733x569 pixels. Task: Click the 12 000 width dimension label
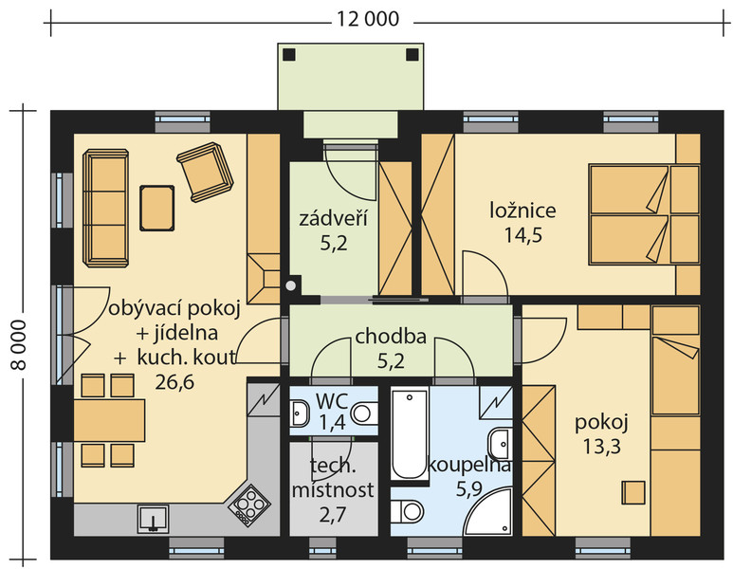368,19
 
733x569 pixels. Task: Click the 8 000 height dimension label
19,344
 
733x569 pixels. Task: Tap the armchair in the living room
204,171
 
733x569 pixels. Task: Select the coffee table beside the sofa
157,208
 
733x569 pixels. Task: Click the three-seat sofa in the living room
105,208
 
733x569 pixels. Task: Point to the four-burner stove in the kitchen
249,504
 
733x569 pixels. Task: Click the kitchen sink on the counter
154,519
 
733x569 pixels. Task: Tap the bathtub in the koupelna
410,433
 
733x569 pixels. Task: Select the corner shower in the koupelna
488,511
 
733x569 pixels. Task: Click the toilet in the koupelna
406,511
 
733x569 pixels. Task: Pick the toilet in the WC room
365,413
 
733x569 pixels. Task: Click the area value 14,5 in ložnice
522,234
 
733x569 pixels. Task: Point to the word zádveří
333,218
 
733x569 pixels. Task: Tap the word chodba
391,336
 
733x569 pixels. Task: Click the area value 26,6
174,382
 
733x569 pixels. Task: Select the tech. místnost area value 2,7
333,515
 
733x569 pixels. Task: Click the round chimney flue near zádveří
291,285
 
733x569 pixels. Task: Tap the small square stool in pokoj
633,492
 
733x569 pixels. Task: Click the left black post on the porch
289,55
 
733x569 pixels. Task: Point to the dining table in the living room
109,420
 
